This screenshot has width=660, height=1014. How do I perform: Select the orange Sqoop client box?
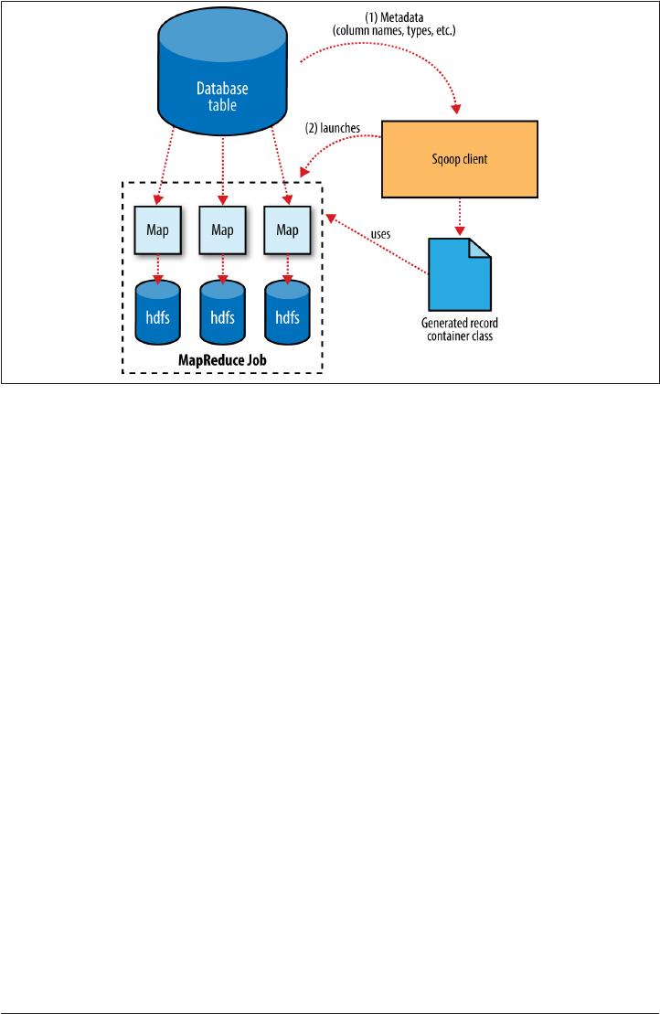pos(459,159)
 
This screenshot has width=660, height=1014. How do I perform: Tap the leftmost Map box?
pos(158,229)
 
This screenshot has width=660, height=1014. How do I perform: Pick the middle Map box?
pos(222,229)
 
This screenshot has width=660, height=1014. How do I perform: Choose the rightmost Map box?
pos(287,229)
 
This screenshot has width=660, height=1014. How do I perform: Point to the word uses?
pos(381,234)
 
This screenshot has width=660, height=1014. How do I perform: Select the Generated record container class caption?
pos(458,329)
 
